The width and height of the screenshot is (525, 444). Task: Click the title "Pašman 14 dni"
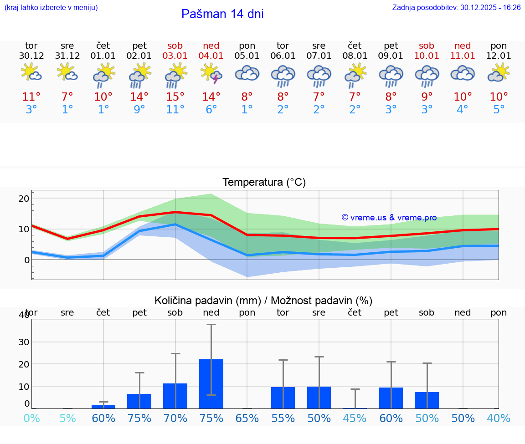[222, 14]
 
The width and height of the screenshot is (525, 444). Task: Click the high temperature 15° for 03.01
[175, 97]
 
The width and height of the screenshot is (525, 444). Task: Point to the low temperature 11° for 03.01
[175, 110]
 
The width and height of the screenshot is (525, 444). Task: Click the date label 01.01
[103, 56]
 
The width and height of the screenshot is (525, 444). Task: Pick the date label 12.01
[499, 56]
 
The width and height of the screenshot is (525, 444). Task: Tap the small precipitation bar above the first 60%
[103, 407]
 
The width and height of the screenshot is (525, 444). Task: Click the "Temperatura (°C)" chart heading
[264, 183]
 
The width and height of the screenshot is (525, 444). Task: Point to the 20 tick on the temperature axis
[24, 199]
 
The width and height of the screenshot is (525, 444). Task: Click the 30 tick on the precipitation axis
[24, 342]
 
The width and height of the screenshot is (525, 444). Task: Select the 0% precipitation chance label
[31, 418]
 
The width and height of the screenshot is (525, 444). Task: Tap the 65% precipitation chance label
[247, 418]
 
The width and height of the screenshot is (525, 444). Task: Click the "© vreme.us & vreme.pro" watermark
[389, 218]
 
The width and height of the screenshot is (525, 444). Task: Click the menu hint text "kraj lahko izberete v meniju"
[51, 8]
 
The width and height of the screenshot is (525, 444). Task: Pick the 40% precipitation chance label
[499, 418]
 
